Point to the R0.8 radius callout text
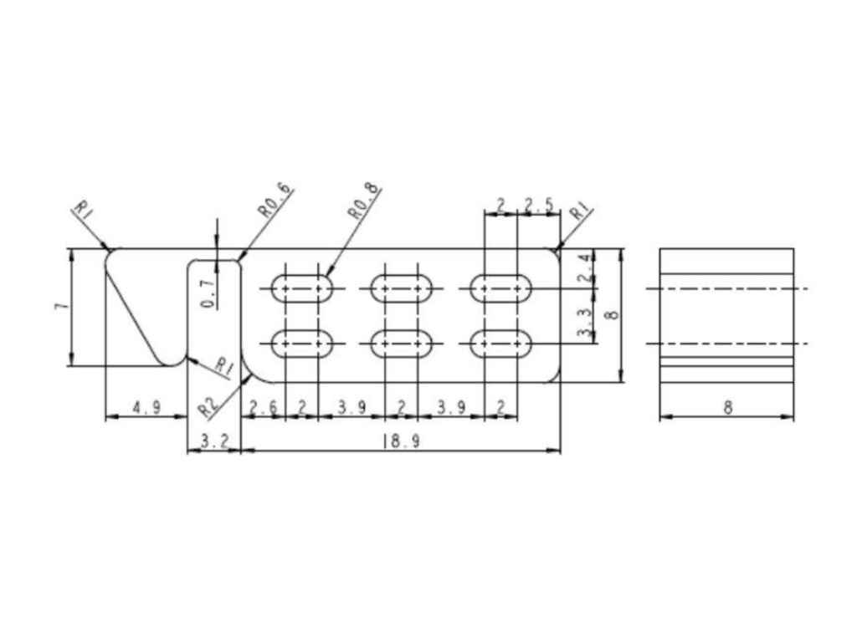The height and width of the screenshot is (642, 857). (364, 201)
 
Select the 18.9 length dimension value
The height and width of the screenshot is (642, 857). (402, 441)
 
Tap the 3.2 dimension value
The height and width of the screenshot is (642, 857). (214, 441)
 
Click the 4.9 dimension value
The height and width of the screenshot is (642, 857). (146, 407)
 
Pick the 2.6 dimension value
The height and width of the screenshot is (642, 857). (263, 407)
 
